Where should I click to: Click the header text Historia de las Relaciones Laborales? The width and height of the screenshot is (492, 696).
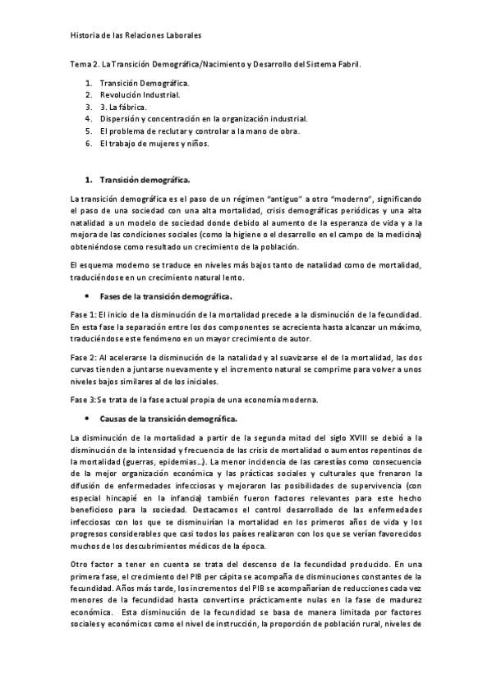click(136, 36)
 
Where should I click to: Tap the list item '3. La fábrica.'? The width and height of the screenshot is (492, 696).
click(123, 107)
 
